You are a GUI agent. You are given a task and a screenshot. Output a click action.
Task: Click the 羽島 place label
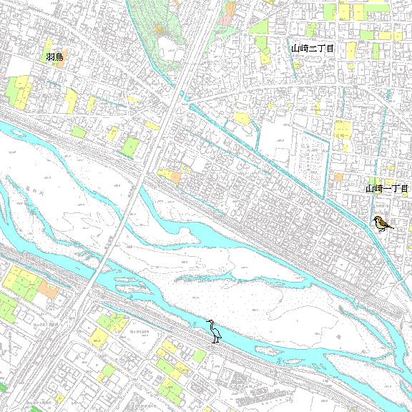[55, 57]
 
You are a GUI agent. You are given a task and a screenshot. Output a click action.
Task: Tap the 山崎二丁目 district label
[313, 48]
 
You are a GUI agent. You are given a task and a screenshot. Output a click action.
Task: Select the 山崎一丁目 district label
[386, 189]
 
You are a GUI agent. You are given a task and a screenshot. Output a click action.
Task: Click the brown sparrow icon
[382, 224]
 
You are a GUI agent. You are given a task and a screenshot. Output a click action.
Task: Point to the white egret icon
[214, 330]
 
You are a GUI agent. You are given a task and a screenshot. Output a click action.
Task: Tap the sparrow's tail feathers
[391, 227]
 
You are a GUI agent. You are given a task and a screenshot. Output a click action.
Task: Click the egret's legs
[215, 339]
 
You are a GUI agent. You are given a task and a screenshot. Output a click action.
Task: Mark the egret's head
[210, 322]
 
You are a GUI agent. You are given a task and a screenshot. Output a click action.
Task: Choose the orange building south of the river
[49, 289]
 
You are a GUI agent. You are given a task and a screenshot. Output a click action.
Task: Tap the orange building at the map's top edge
[230, 9]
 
